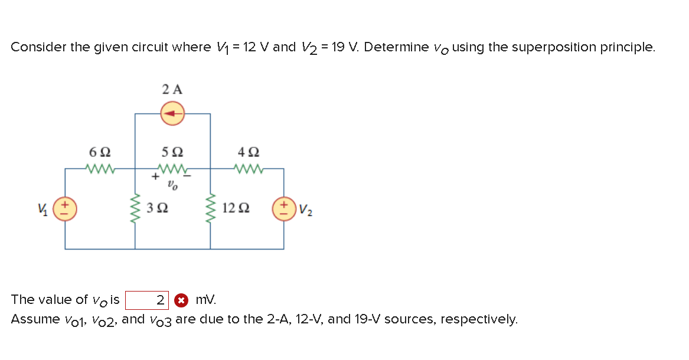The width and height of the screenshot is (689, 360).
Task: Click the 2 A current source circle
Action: click(x=172, y=113)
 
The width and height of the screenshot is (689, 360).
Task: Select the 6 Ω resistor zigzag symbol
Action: click(x=99, y=169)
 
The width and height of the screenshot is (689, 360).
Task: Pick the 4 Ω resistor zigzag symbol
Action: click(x=247, y=169)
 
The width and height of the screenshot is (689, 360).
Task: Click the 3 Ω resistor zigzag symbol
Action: click(x=136, y=208)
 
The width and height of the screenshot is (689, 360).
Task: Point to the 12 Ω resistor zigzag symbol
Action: click(x=211, y=208)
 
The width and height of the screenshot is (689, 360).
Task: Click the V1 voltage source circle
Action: click(x=64, y=210)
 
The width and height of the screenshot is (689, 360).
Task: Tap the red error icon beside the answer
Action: click(x=182, y=300)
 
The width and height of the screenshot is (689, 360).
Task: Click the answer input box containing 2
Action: click(x=147, y=300)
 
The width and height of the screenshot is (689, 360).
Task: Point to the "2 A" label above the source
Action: click(x=172, y=90)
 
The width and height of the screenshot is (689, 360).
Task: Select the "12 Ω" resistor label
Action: click(x=237, y=209)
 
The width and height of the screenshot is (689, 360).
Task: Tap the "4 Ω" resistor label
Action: click(x=247, y=152)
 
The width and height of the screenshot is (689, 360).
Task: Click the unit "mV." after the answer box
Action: click(x=205, y=300)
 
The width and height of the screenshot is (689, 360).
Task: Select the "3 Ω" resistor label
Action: click(x=158, y=209)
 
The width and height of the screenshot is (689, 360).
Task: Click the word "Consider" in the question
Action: click(x=38, y=47)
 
